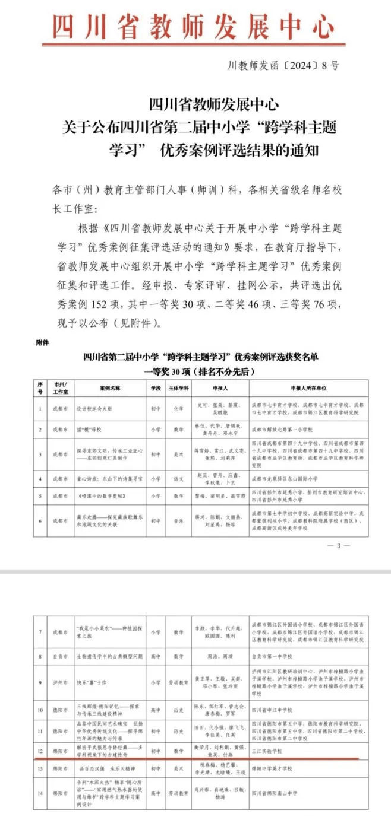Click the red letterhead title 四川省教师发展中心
(195, 26)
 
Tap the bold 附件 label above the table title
(42, 343)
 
